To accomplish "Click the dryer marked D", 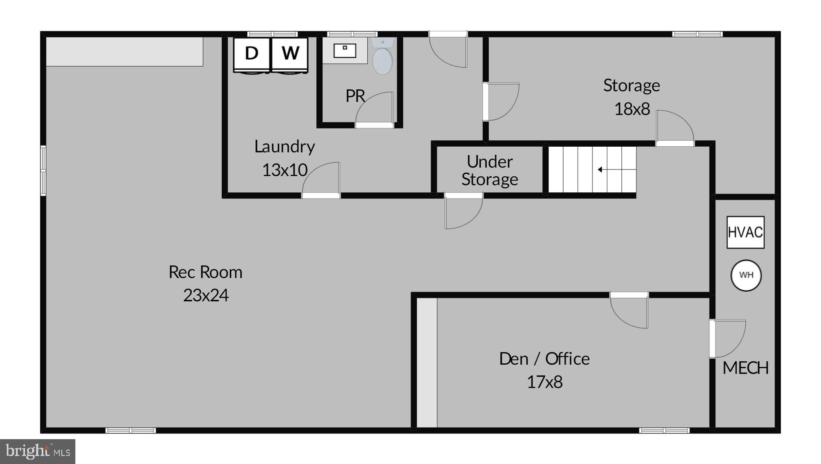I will point(251,54).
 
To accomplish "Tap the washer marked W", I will point(290,54).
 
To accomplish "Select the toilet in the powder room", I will point(382,58).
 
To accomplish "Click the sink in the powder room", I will point(345,50).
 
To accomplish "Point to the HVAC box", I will point(745,232).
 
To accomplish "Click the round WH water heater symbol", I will point(746,275).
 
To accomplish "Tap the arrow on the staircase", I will point(601,169).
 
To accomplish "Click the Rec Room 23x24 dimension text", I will point(206,295).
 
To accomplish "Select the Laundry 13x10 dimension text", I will point(285,170).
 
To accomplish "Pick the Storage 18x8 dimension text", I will point(632,109).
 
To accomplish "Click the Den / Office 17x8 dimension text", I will point(544,382).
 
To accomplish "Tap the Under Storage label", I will point(489,170).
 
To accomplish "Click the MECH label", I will point(745,368).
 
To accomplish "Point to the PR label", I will point(355,96).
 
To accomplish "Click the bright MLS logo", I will point(38,452).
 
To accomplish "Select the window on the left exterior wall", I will point(43,171).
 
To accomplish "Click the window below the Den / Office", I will point(664,430).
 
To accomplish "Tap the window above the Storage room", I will point(697,34).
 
